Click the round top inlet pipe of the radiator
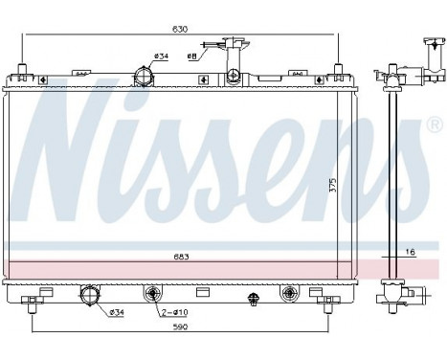pos(144,74)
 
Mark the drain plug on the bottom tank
pos(254,299)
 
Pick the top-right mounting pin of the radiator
pos(336,69)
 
